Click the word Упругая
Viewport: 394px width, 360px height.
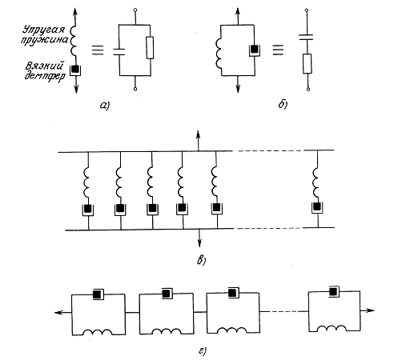click(x=44, y=30)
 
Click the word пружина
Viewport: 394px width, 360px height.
click(x=45, y=41)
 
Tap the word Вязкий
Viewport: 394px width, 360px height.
click(x=45, y=66)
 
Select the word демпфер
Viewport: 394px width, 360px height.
click(x=45, y=76)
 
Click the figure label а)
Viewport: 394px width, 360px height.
click(x=105, y=106)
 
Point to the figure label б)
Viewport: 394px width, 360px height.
click(x=283, y=104)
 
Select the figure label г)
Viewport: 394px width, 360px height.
click(x=203, y=351)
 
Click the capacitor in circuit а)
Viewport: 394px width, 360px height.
click(x=119, y=52)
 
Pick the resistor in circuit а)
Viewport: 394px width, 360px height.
click(x=150, y=48)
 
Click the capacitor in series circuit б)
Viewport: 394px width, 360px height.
click(x=306, y=37)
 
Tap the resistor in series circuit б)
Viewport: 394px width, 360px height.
click(x=308, y=63)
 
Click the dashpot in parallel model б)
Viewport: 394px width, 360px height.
click(x=255, y=50)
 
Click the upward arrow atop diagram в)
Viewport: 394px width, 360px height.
click(x=198, y=141)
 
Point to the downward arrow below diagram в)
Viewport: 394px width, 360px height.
click(x=199, y=238)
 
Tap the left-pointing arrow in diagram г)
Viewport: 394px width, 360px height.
click(x=63, y=312)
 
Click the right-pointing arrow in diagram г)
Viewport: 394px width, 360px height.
click(x=368, y=310)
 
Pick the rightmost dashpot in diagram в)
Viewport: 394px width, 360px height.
click(x=317, y=207)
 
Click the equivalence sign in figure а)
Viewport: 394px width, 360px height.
click(x=98, y=50)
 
